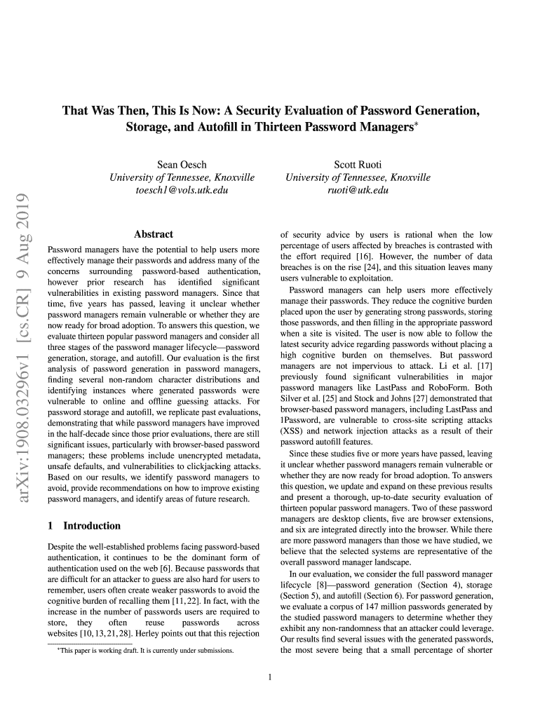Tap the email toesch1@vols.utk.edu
tap(182, 190)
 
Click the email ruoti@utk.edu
tap(358, 190)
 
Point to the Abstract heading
tap(153, 235)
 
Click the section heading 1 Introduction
tap(83, 525)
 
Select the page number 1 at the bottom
tap(270, 677)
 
